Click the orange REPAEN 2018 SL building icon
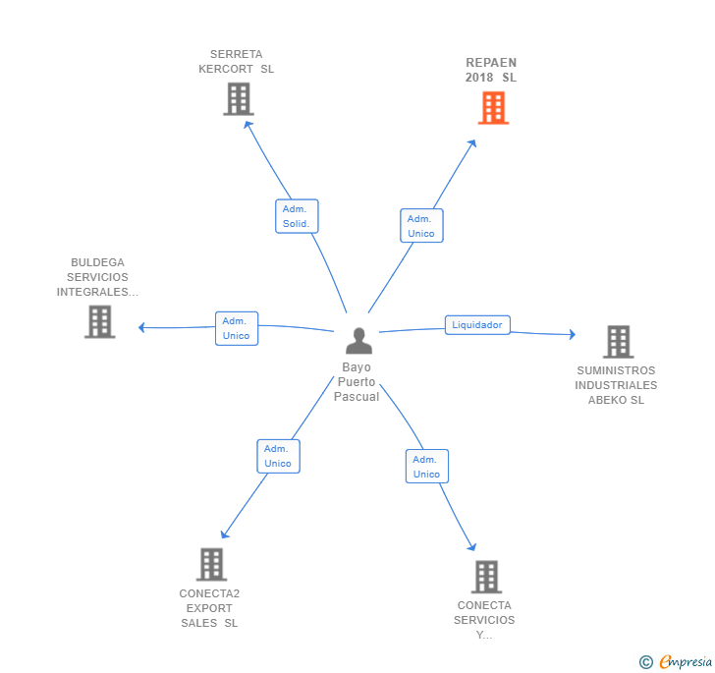coord(493,108)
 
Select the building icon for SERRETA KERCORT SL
coord(239,99)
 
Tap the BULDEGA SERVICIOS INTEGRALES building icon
coord(100,321)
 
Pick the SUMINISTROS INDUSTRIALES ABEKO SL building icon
coord(619,342)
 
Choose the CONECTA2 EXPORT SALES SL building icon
coord(211,564)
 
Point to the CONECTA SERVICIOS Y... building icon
coord(486,577)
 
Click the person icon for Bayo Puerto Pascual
coord(358,341)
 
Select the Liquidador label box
coord(477,325)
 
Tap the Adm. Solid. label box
coord(297,216)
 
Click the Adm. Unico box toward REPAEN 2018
coord(421,226)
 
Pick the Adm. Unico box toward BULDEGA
coord(237,328)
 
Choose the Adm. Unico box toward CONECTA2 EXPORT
coord(278,456)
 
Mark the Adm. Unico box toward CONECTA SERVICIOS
coord(427,467)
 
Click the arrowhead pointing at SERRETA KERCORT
coord(247,125)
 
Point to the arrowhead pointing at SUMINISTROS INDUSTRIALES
coord(573,334)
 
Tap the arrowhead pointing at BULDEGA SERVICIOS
coord(141,327)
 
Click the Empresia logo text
coord(686,661)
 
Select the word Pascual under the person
coord(357,397)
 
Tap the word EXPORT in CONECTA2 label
coord(209,608)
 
